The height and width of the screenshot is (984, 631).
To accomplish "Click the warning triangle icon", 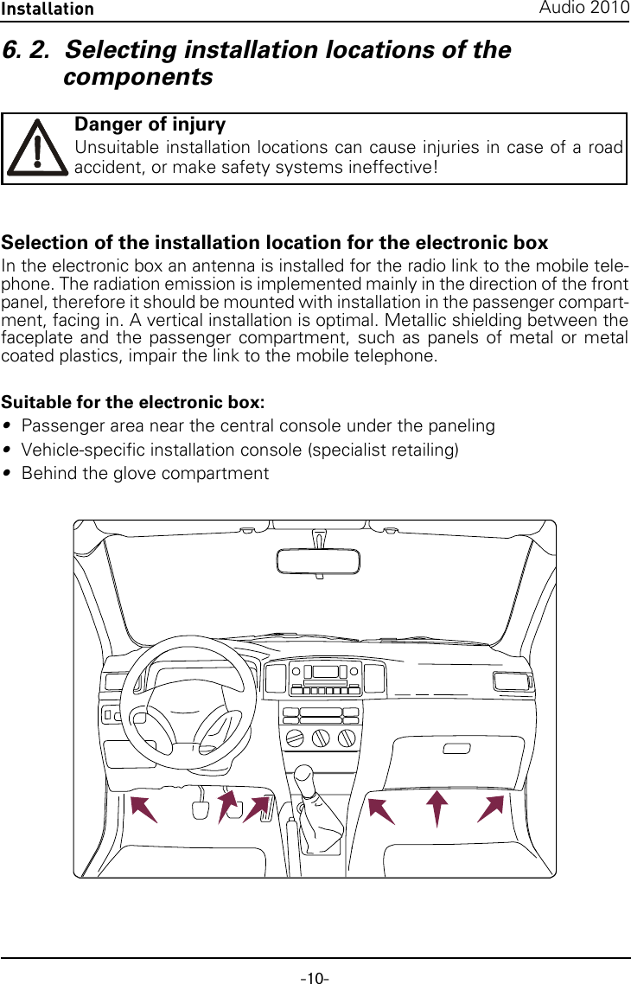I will pos(37,148).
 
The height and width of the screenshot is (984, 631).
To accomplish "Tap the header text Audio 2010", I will pos(584,8).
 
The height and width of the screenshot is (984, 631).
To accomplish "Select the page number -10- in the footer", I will pos(315,978).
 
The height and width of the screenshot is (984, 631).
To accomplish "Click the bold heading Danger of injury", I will pos(150,125).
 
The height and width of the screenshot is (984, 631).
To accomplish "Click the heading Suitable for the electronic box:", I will pos(133,402).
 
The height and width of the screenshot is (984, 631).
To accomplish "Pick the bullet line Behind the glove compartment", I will pos(144,473).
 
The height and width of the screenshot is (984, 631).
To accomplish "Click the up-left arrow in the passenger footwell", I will pos(381,811).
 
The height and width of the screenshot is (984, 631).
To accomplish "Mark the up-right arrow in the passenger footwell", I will pos(491,808).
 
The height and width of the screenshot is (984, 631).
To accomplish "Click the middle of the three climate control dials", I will pos(321,738).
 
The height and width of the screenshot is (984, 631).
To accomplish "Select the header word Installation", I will pos(48,9).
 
